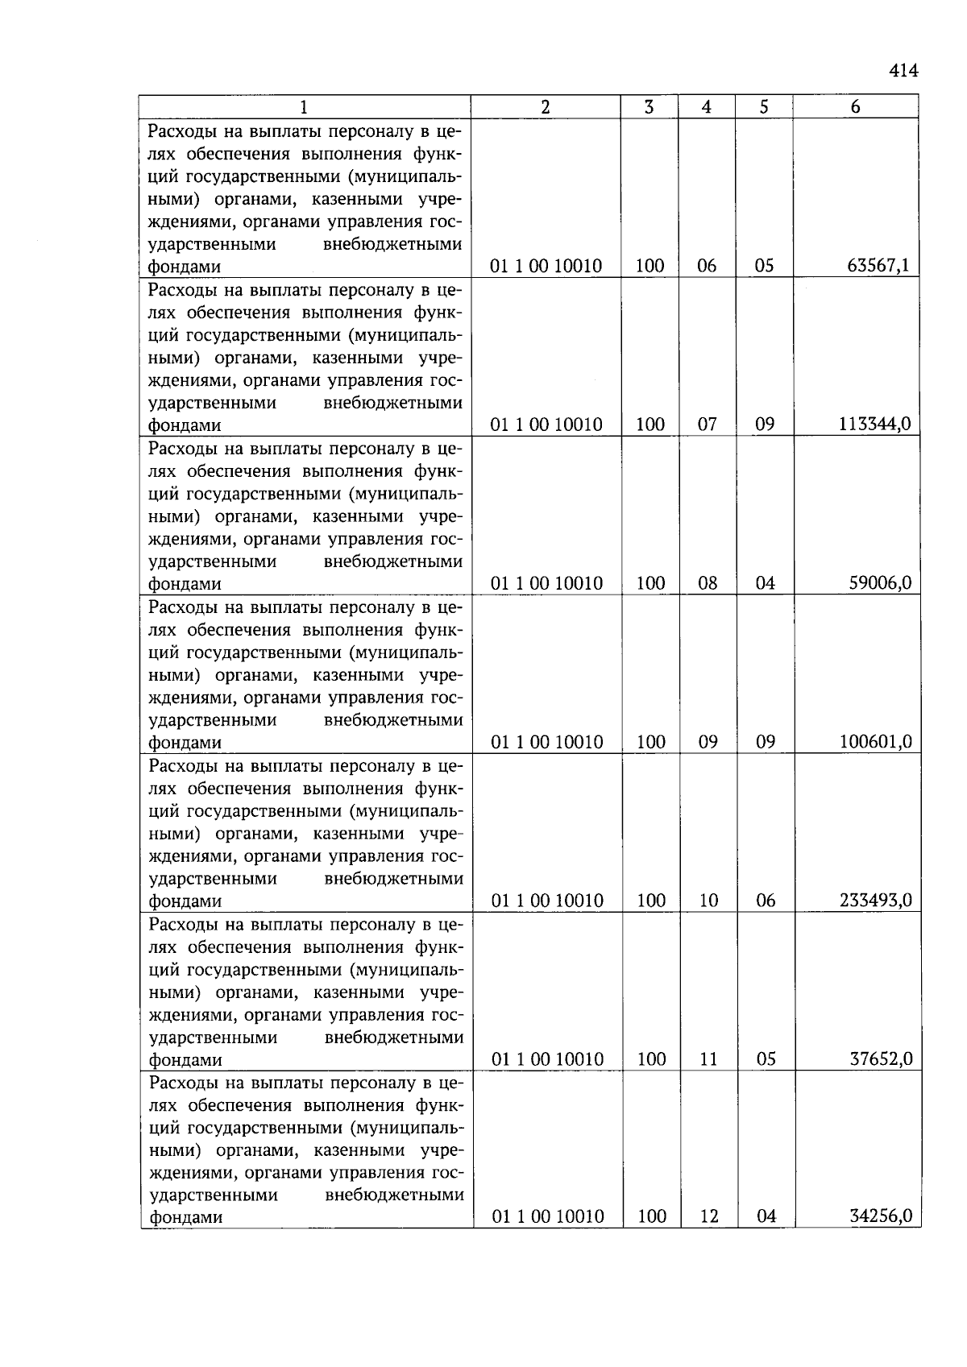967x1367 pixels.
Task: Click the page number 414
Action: pos(903,71)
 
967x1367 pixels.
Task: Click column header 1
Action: pos(304,107)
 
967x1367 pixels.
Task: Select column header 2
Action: pos(546,107)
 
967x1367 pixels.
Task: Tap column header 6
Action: pos(855,107)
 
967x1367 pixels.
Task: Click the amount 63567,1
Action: pos(878,266)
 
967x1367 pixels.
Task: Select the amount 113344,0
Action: pos(874,425)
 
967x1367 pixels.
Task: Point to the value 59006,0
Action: pos(880,583)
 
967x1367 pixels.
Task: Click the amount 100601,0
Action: pos(875,742)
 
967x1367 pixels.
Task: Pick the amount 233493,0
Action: pos(875,901)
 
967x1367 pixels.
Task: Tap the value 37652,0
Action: pos(881,1059)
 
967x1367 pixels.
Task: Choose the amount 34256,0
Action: pos(881,1217)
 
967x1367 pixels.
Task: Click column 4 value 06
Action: pos(707,266)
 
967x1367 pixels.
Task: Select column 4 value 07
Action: pos(708,425)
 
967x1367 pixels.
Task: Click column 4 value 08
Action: pos(708,583)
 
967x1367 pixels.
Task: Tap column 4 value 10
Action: pos(708,901)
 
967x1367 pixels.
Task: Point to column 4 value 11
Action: pos(708,1059)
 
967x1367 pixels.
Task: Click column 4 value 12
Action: pos(709,1217)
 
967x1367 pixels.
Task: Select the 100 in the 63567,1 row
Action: pos(650,266)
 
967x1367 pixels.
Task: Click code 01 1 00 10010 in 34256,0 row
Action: pos(548,1217)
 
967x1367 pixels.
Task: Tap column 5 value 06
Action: pos(766,901)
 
